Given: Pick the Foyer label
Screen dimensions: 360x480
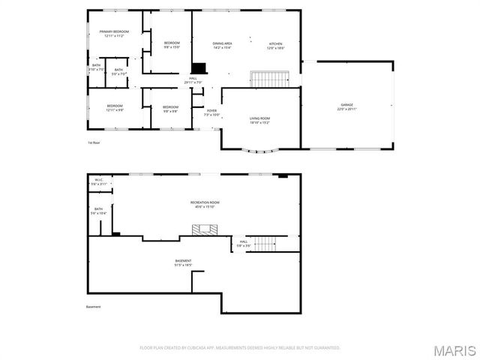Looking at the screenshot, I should coord(212,112).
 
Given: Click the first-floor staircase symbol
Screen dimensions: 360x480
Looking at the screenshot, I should coord(269,79).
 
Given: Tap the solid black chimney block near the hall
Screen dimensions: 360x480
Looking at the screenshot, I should coord(199,67).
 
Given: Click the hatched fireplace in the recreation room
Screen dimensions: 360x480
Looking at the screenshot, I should coord(202,231).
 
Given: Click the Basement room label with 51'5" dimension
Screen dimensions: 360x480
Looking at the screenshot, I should coord(183,262).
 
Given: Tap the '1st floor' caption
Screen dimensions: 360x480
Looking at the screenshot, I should coord(93,142).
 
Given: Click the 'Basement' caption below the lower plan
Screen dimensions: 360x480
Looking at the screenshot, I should coord(93,306).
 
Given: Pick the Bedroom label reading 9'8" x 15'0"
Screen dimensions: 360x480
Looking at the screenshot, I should coord(172,45).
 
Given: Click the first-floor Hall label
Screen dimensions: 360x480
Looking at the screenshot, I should coord(193,80).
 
